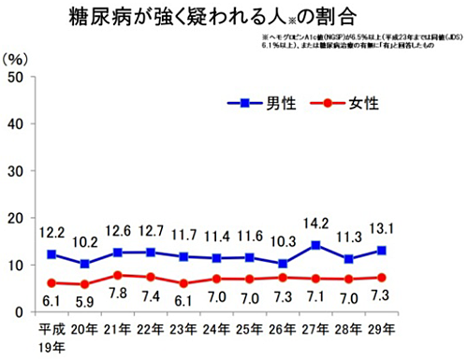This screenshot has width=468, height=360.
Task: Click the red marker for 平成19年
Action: pos(53,282)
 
